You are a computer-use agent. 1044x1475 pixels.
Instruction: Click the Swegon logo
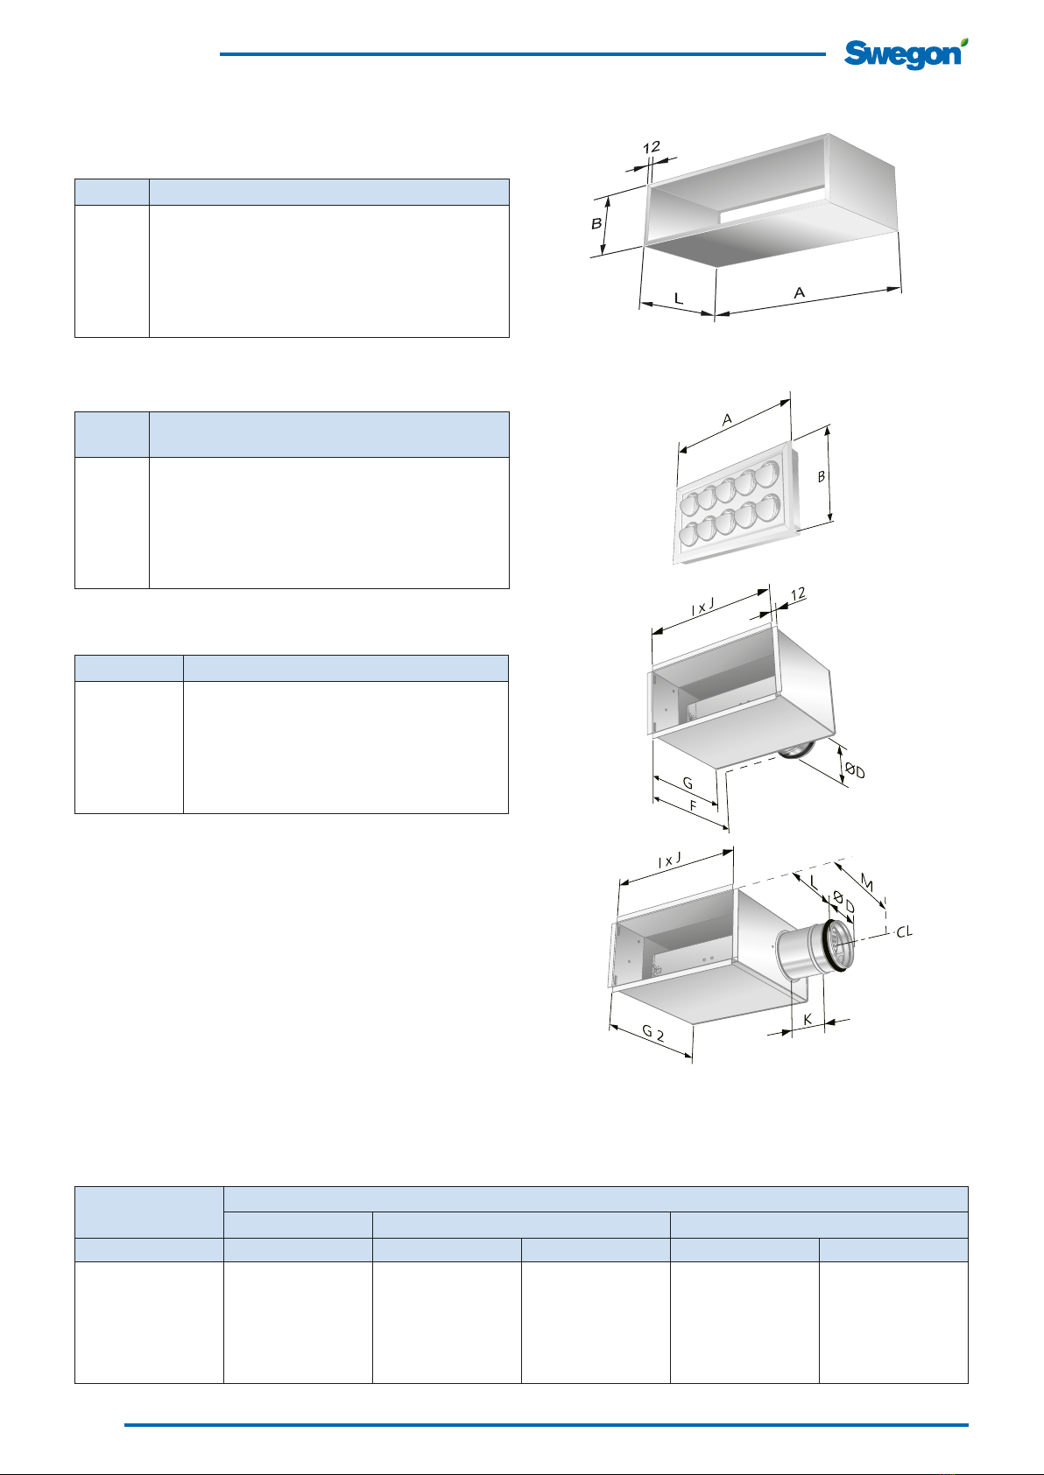coord(906,54)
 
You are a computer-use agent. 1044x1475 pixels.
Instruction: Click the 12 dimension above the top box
coord(651,147)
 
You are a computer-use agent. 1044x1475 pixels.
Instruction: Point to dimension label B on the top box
coord(596,224)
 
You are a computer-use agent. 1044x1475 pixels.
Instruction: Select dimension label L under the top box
coord(679,299)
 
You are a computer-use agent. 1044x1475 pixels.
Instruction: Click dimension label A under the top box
coord(799,292)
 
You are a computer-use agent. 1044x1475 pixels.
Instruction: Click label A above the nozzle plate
coord(727,419)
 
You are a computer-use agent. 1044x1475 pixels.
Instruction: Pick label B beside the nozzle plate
coord(822,476)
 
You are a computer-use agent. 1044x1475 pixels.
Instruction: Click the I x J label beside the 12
coord(702,608)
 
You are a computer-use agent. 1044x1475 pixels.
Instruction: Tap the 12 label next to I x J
coord(798,594)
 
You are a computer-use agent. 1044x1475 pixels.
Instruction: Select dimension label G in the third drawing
coord(688,783)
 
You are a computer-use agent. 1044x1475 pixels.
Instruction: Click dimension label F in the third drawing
coord(693,806)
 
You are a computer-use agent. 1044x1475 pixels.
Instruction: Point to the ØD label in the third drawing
coord(855,769)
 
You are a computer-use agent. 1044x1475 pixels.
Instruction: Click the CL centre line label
coord(905,931)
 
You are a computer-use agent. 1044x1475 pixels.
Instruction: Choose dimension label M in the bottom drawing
coord(867,884)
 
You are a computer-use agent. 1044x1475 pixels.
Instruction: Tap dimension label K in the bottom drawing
coord(808,1020)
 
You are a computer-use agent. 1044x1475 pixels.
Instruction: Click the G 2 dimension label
coord(652,1032)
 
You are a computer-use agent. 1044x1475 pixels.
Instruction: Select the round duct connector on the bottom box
coord(815,948)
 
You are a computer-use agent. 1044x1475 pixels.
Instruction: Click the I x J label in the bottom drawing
coord(669,860)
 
